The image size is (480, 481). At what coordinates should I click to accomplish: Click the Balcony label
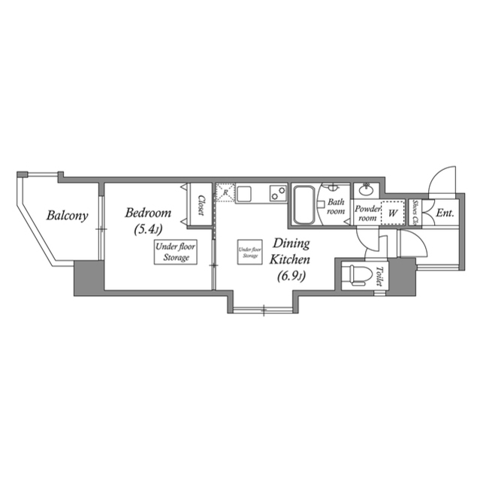(68, 216)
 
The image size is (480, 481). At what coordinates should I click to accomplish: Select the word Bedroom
(148, 213)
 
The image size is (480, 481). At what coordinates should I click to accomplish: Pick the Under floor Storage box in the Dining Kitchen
(249, 253)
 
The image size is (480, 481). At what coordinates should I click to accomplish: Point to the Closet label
(201, 204)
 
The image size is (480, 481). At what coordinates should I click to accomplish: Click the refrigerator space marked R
(225, 193)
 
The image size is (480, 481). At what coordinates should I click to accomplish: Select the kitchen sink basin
(246, 194)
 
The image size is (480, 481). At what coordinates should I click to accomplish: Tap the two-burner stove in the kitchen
(276, 193)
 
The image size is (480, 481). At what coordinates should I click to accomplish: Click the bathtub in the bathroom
(303, 204)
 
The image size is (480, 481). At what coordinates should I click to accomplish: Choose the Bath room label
(335, 207)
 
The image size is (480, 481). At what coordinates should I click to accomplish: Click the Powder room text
(367, 213)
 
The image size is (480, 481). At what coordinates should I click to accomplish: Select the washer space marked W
(392, 213)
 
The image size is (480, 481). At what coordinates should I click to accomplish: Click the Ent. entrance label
(445, 213)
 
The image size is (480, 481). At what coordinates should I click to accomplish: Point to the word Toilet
(379, 277)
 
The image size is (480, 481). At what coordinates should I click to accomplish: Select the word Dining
(290, 243)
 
